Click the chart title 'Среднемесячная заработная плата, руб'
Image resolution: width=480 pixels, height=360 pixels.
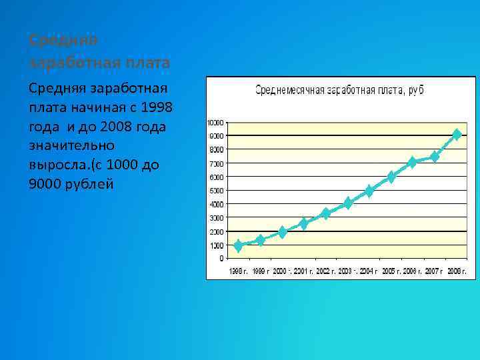340,90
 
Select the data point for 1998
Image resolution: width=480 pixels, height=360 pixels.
239,245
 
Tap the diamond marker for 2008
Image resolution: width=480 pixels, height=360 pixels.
457,135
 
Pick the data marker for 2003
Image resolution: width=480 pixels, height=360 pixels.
347,203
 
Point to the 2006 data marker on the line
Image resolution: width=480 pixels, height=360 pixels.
413,162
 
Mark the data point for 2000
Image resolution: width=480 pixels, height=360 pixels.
282,232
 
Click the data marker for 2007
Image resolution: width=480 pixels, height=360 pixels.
435,157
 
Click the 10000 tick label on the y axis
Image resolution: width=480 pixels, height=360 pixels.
216,122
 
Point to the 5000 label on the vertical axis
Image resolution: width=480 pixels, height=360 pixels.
217,191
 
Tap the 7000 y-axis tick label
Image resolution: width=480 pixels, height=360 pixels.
217,163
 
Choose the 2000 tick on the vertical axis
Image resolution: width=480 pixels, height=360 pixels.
217,231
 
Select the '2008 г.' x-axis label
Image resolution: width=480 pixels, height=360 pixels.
457,271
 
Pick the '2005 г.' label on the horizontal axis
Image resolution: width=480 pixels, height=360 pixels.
391,271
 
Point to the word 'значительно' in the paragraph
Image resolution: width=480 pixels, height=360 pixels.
72,145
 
